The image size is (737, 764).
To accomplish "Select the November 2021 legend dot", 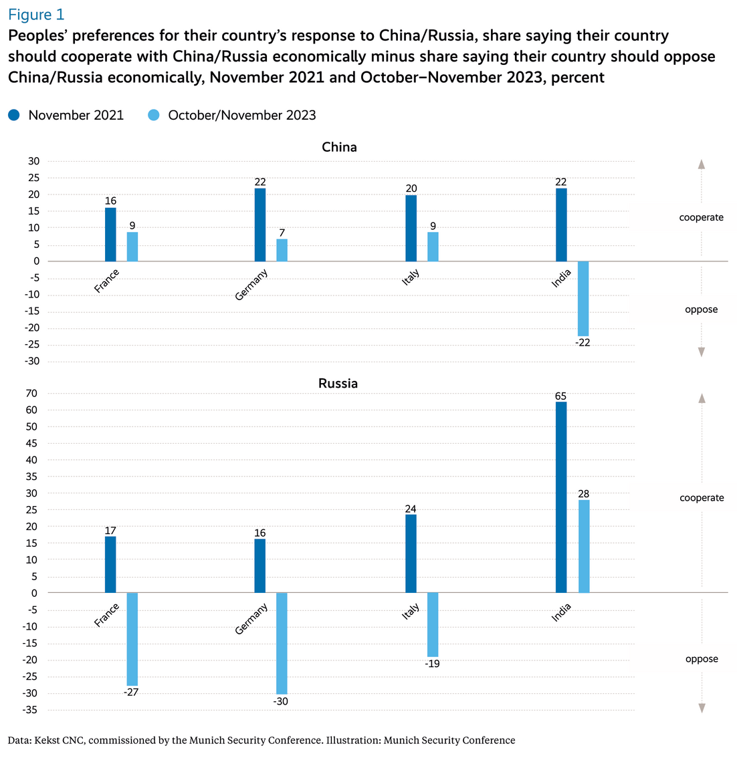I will tap(14, 115).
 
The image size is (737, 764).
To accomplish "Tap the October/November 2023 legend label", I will tap(242, 115).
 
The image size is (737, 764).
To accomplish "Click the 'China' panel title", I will tap(339, 147).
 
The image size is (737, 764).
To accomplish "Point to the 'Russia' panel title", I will tap(338, 384).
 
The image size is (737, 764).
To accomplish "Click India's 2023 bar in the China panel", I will tap(583, 298).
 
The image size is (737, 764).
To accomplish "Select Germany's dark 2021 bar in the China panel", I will tap(260, 225).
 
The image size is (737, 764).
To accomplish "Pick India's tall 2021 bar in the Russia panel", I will tap(561, 497).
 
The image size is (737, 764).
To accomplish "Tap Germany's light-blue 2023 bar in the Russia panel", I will tap(282, 643).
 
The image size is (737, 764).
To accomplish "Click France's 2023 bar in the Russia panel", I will tap(132, 638).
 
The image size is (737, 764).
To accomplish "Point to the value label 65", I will tap(560, 396).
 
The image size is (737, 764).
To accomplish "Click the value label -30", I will tap(281, 702).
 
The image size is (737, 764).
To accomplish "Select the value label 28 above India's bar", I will tap(584, 494).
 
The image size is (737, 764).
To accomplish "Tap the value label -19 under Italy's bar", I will tap(432, 664).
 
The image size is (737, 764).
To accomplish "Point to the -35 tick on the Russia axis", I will tap(31, 710).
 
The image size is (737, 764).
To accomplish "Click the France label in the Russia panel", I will tap(107, 615).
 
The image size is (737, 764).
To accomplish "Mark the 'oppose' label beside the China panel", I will tap(701, 309).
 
